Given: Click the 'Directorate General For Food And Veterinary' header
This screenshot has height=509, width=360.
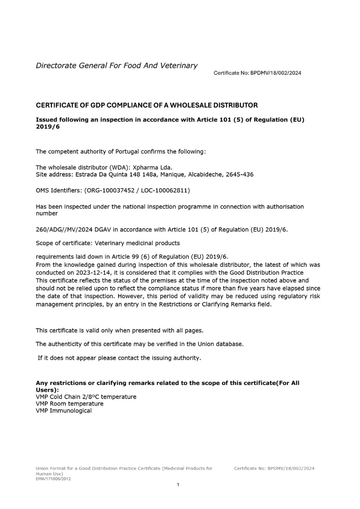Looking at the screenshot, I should [x=116, y=66].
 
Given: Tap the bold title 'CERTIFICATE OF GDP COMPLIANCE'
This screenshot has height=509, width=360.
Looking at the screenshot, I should [x=146, y=105].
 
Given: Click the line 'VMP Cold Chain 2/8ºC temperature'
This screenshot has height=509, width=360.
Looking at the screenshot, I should [x=86, y=397].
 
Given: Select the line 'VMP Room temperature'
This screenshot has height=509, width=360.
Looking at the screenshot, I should [x=69, y=404].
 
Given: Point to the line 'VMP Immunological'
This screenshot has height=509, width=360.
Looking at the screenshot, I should [x=63, y=410].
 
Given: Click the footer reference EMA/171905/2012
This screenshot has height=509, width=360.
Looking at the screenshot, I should [x=53, y=478].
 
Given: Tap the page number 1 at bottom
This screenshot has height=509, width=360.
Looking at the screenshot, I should [x=178, y=484].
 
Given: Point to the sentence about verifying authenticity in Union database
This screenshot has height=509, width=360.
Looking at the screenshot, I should [x=139, y=344].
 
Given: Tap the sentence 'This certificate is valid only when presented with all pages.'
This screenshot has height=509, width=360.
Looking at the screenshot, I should [x=119, y=330].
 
